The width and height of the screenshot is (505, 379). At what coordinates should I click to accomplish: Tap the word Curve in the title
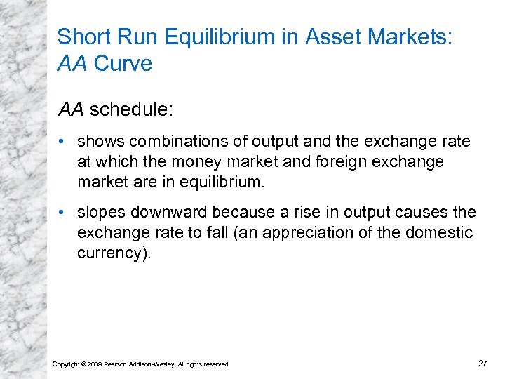[x=123, y=63]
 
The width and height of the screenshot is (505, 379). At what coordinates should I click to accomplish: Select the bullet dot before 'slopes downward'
[x=64, y=212]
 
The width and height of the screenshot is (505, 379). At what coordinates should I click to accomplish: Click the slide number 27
[x=482, y=363]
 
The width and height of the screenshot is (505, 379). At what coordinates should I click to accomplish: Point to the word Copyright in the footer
[x=67, y=364]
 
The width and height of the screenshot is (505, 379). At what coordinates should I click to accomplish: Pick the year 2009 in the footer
[x=95, y=364]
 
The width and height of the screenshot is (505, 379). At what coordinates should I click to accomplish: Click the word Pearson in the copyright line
[x=117, y=364]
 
